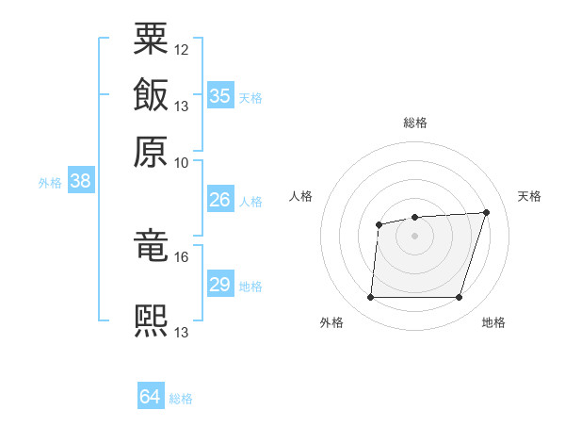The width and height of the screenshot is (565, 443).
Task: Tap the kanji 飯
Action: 152,94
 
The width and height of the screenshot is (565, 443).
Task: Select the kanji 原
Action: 152,151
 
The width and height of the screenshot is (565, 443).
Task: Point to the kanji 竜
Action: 152,245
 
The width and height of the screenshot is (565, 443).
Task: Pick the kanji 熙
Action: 152,320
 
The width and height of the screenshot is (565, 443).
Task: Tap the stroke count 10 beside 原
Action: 182,162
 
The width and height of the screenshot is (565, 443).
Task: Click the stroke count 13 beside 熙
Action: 182,332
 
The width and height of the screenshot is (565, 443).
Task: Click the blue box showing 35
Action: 219,96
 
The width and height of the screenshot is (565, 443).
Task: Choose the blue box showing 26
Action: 219,200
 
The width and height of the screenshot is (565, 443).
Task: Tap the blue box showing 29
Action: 219,285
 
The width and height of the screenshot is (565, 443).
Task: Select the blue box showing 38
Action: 80,182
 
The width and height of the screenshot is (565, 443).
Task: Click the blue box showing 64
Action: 151,398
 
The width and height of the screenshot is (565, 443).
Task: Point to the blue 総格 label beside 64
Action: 181,399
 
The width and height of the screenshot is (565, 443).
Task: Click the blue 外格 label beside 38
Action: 50,183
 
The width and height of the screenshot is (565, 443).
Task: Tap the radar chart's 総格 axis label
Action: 415,123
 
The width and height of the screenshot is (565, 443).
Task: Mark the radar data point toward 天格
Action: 487,212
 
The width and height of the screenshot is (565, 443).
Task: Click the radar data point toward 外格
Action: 370,298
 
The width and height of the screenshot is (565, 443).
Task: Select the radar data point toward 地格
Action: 459,298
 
